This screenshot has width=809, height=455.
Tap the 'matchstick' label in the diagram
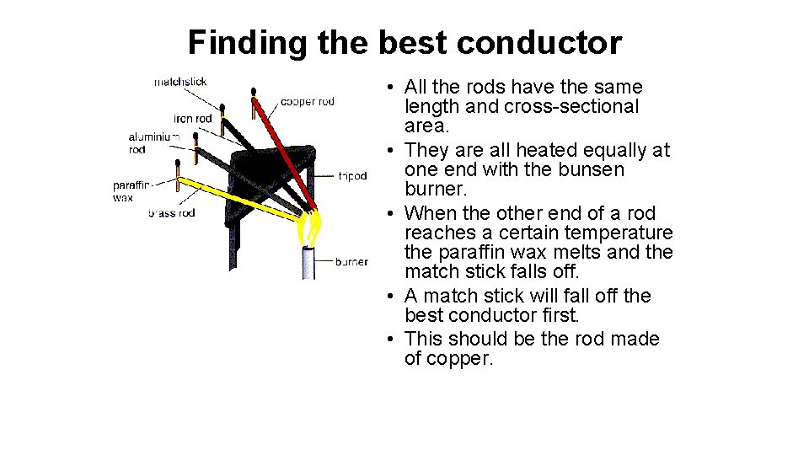(x=180, y=82)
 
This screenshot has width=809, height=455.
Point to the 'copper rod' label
(x=307, y=102)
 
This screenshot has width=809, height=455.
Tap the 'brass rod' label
(x=172, y=213)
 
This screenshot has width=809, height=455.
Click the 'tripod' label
(x=352, y=176)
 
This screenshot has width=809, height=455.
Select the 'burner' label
(x=351, y=262)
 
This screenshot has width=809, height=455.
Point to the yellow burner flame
(x=311, y=226)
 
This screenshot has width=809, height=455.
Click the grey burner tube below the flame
(x=309, y=261)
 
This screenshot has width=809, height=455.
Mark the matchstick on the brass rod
(x=179, y=169)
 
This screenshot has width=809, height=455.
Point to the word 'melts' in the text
(x=581, y=252)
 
